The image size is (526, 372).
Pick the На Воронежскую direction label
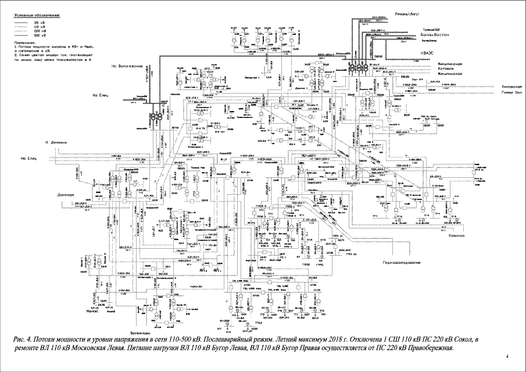point(127,66)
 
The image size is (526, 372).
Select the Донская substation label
point(67,195)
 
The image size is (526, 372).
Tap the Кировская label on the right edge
point(511,87)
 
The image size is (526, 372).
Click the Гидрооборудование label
point(401,263)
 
